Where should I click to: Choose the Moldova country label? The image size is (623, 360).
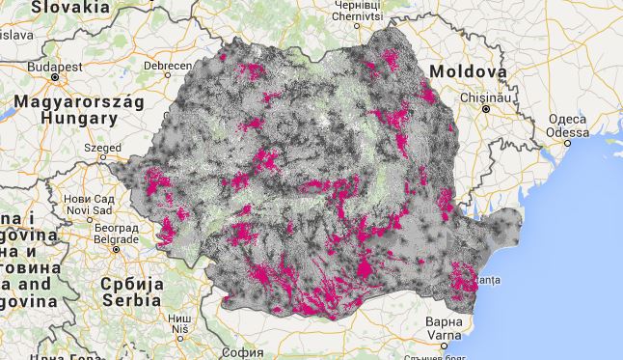(x=468, y=72)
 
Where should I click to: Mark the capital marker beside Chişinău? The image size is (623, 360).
(x=488, y=109)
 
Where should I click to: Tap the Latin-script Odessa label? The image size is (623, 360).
(x=567, y=131)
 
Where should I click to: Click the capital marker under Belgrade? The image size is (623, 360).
(x=116, y=249)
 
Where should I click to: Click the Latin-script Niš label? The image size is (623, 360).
(x=179, y=330)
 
